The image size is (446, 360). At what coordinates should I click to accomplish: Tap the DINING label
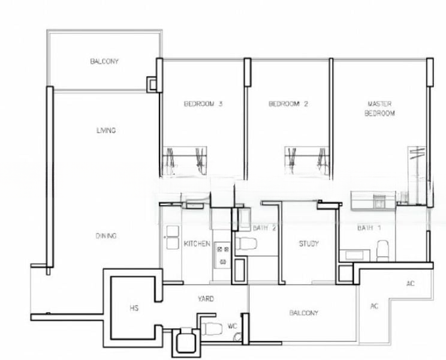point(106,236)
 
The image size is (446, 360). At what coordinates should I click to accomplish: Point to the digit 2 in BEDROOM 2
point(306,104)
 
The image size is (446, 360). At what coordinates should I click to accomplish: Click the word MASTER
point(379,104)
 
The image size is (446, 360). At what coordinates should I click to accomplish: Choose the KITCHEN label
point(197,244)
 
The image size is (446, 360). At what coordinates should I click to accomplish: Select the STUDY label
point(309,244)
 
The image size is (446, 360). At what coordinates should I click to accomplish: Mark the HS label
point(134,308)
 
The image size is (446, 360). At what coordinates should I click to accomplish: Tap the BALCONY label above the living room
point(104,61)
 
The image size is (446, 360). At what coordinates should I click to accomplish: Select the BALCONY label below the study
point(303,313)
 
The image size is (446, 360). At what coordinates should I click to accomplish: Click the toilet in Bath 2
point(246,244)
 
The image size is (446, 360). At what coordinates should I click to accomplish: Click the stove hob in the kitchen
point(221,254)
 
